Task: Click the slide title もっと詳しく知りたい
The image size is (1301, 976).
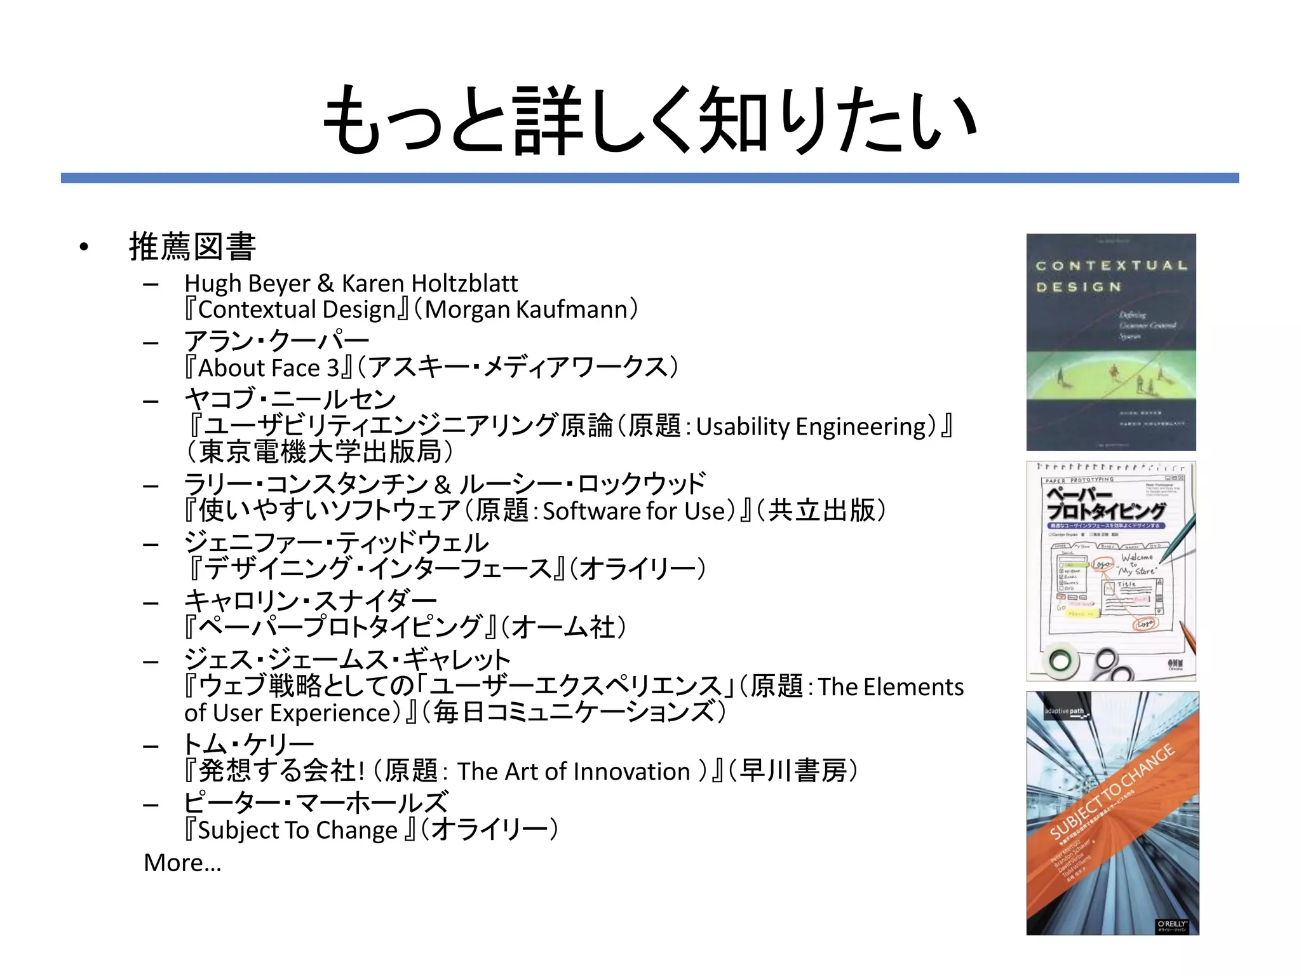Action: [x=649, y=121]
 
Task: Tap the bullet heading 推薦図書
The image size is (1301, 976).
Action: [x=192, y=247]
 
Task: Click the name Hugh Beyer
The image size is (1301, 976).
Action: [x=247, y=283]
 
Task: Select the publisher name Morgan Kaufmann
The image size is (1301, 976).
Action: [x=527, y=309]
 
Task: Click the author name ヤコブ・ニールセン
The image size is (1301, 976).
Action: [x=290, y=399]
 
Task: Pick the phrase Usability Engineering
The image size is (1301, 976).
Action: [x=811, y=426]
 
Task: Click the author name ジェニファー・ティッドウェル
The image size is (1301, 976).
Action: [x=336, y=543]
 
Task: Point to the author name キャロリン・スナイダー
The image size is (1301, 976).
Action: [x=310, y=601]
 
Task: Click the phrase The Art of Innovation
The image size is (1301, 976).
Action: [x=574, y=771]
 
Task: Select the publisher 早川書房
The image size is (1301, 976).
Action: [x=793, y=771]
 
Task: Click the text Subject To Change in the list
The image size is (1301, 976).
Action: [x=298, y=830]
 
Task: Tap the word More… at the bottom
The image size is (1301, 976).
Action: [x=183, y=863]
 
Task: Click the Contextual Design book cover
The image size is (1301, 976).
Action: [x=1111, y=342]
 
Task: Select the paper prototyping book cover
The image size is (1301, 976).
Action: [x=1111, y=571]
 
